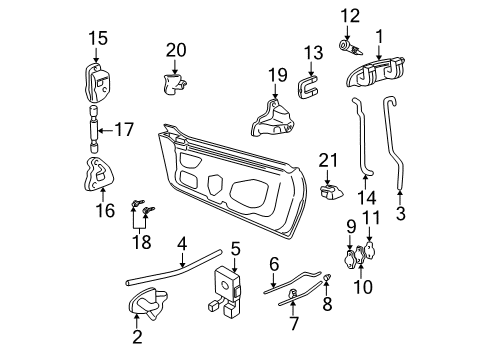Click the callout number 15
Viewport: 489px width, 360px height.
click(x=96, y=39)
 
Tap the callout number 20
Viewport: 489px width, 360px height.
click(x=176, y=50)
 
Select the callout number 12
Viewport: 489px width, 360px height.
click(x=349, y=15)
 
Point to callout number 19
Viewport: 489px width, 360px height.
click(x=277, y=74)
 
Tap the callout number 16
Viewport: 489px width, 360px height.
click(x=96, y=211)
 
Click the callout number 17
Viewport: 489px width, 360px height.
click(x=124, y=129)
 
